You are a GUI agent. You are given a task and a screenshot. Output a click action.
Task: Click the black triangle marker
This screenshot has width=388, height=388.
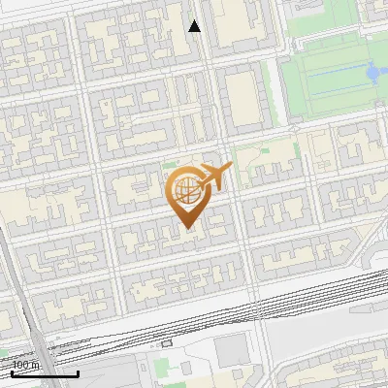coord(195,26)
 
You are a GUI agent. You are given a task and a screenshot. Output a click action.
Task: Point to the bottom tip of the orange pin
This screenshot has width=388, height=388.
coord(187,228)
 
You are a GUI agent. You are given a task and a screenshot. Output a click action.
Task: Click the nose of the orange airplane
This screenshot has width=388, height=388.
coord(230,169)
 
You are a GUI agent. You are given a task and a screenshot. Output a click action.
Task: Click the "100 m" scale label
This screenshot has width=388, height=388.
coord(26,365)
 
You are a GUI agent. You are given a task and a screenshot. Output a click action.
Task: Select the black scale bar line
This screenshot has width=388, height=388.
coord(44,373)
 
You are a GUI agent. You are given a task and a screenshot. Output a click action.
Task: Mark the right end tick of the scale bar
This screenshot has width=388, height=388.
coord(78,372)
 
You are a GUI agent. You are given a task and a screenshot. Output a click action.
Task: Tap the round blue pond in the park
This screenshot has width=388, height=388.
coord(372,72)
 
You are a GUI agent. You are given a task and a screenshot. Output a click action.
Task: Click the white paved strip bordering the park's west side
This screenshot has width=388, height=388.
coord(285,68)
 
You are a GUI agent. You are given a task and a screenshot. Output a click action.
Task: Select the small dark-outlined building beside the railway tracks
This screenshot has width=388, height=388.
coord(167,342)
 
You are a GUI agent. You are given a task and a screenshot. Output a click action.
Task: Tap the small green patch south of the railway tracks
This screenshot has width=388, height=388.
coord(165,370)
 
